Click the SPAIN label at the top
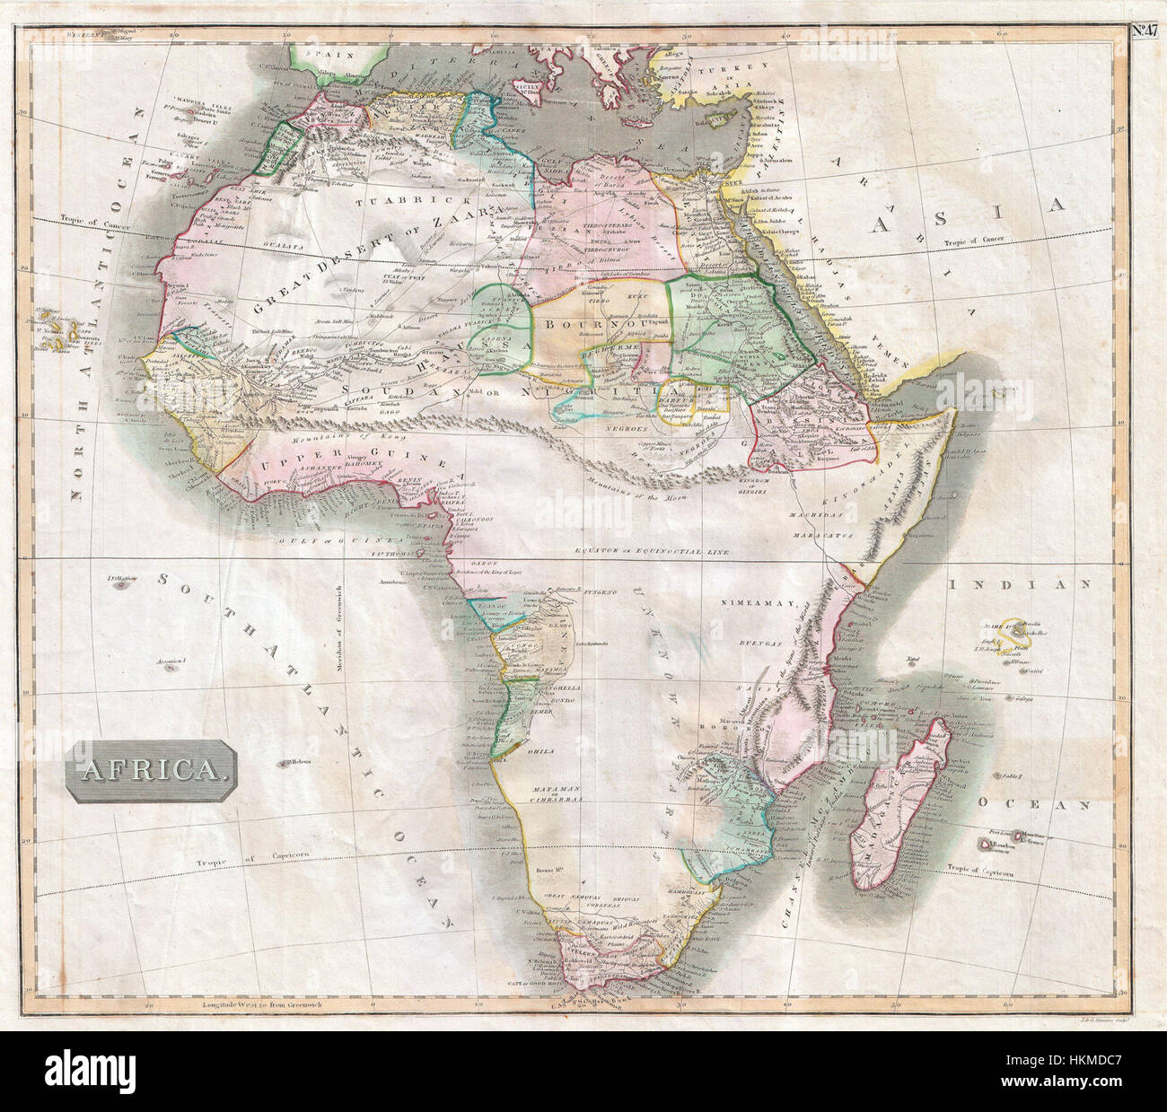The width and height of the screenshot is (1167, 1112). point(320,54)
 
